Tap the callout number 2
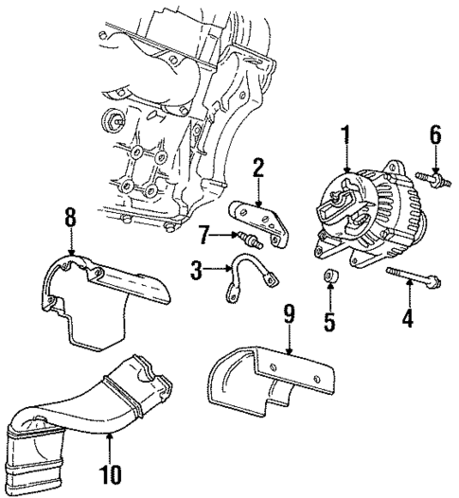(x=256, y=169)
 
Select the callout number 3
(x=197, y=272)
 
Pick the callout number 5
(x=329, y=322)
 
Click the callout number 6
(x=435, y=134)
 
